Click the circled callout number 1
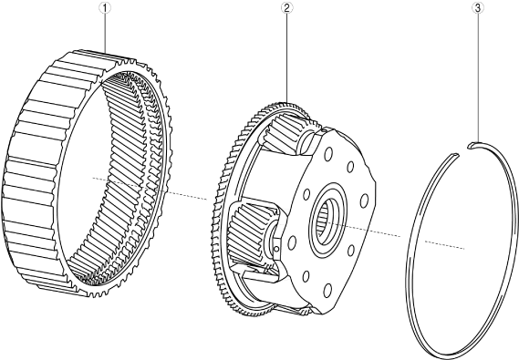pyautogui.click(x=105, y=8)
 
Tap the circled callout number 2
pyautogui.click(x=286, y=8)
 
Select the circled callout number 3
pyautogui.click(x=477, y=8)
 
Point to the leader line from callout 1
pyautogui.click(x=105, y=33)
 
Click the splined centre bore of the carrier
pyautogui.click(x=327, y=218)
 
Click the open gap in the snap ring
pyautogui.click(x=463, y=149)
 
